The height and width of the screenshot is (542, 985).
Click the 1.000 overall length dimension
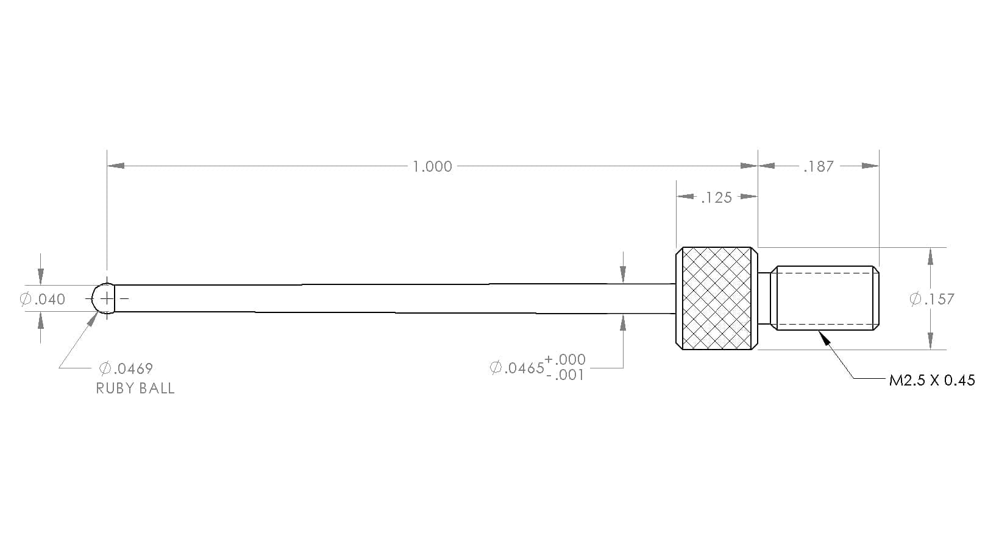[432, 166]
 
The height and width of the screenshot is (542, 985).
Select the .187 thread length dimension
[819, 166]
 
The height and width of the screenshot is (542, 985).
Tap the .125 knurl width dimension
[716, 198]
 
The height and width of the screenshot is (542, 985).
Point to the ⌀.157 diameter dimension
[932, 299]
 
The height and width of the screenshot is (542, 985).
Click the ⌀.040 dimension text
[43, 299]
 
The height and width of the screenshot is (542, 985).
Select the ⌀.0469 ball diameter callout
[126, 368]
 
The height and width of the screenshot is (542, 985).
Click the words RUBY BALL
[135, 389]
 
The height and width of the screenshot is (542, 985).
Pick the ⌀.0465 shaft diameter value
[517, 368]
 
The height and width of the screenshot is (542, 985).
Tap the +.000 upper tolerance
[565, 360]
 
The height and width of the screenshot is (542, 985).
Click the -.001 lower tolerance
[565, 375]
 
